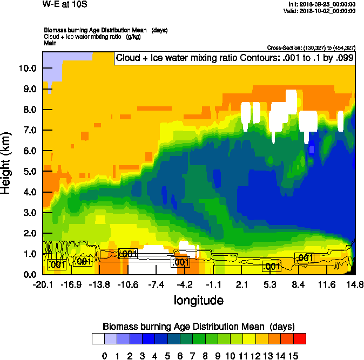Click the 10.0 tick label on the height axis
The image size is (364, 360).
(x=28, y=69)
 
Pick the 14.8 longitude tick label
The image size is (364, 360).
(x=354, y=284)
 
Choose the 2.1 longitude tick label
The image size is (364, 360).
(x=241, y=284)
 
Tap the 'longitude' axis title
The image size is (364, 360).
(x=198, y=300)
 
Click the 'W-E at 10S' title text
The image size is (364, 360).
(x=64, y=4)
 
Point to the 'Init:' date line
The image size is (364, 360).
(x=322, y=4)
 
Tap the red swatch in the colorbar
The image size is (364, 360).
(x=300, y=339)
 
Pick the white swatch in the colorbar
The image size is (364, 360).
(x=98, y=339)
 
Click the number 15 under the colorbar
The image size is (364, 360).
(x=293, y=356)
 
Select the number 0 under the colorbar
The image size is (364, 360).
(x=105, y=356)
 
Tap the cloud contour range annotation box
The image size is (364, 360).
(x=234, y=58)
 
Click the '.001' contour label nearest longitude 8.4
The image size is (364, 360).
(x=305, y=259)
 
